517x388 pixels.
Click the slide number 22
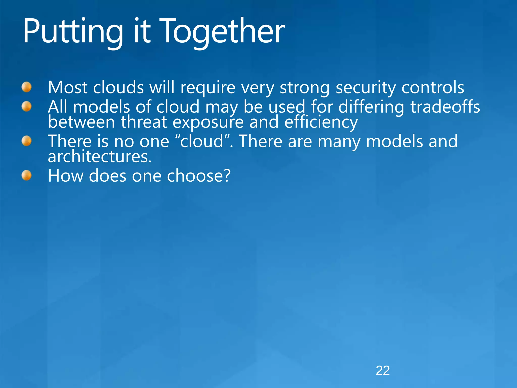(383, 371)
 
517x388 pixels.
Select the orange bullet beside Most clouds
(27, 87)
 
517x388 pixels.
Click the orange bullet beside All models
(27, 106)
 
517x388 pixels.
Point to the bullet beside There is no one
(27, 141)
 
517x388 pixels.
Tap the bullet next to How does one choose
(27, 175)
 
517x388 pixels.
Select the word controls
(433, 87)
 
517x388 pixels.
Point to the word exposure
(208, 123)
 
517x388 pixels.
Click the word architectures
(100, 157)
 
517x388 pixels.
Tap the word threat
(144, 122)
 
